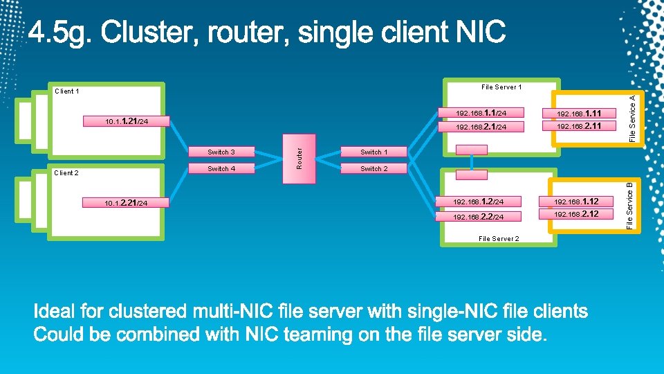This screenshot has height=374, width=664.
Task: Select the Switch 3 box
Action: (x=221, y=152)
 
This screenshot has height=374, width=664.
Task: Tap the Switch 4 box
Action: (x=221, y=168)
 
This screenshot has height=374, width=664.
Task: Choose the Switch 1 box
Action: (x=373, y=152)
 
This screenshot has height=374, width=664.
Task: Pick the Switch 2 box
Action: (x=373, y=168)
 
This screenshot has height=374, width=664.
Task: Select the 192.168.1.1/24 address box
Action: (x=481, y=112)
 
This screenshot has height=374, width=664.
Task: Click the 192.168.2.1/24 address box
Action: (x=481, y=127)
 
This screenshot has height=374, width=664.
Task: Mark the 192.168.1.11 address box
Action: (x=579, y=113)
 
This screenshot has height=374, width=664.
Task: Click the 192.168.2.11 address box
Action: (x=579, y=126)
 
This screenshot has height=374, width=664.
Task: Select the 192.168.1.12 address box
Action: (x=576, y=202)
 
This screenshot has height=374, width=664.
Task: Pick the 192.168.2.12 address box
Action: (x=576, y=214)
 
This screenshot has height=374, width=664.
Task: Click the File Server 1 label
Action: (x=501, y=87)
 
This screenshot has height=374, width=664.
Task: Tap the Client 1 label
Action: (x=66, y=91)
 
